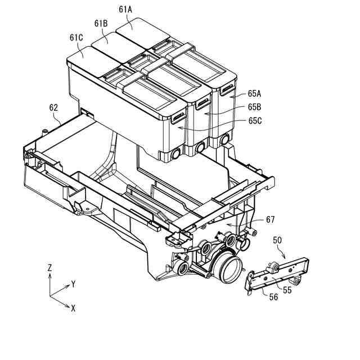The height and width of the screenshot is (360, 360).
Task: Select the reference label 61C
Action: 77,37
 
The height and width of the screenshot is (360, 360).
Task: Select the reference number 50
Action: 277,240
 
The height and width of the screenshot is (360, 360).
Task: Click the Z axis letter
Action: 50,269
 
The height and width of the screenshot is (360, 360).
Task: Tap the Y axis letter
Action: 74,284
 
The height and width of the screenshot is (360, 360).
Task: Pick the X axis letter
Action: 73,308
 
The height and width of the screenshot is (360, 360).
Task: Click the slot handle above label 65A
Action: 227,88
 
